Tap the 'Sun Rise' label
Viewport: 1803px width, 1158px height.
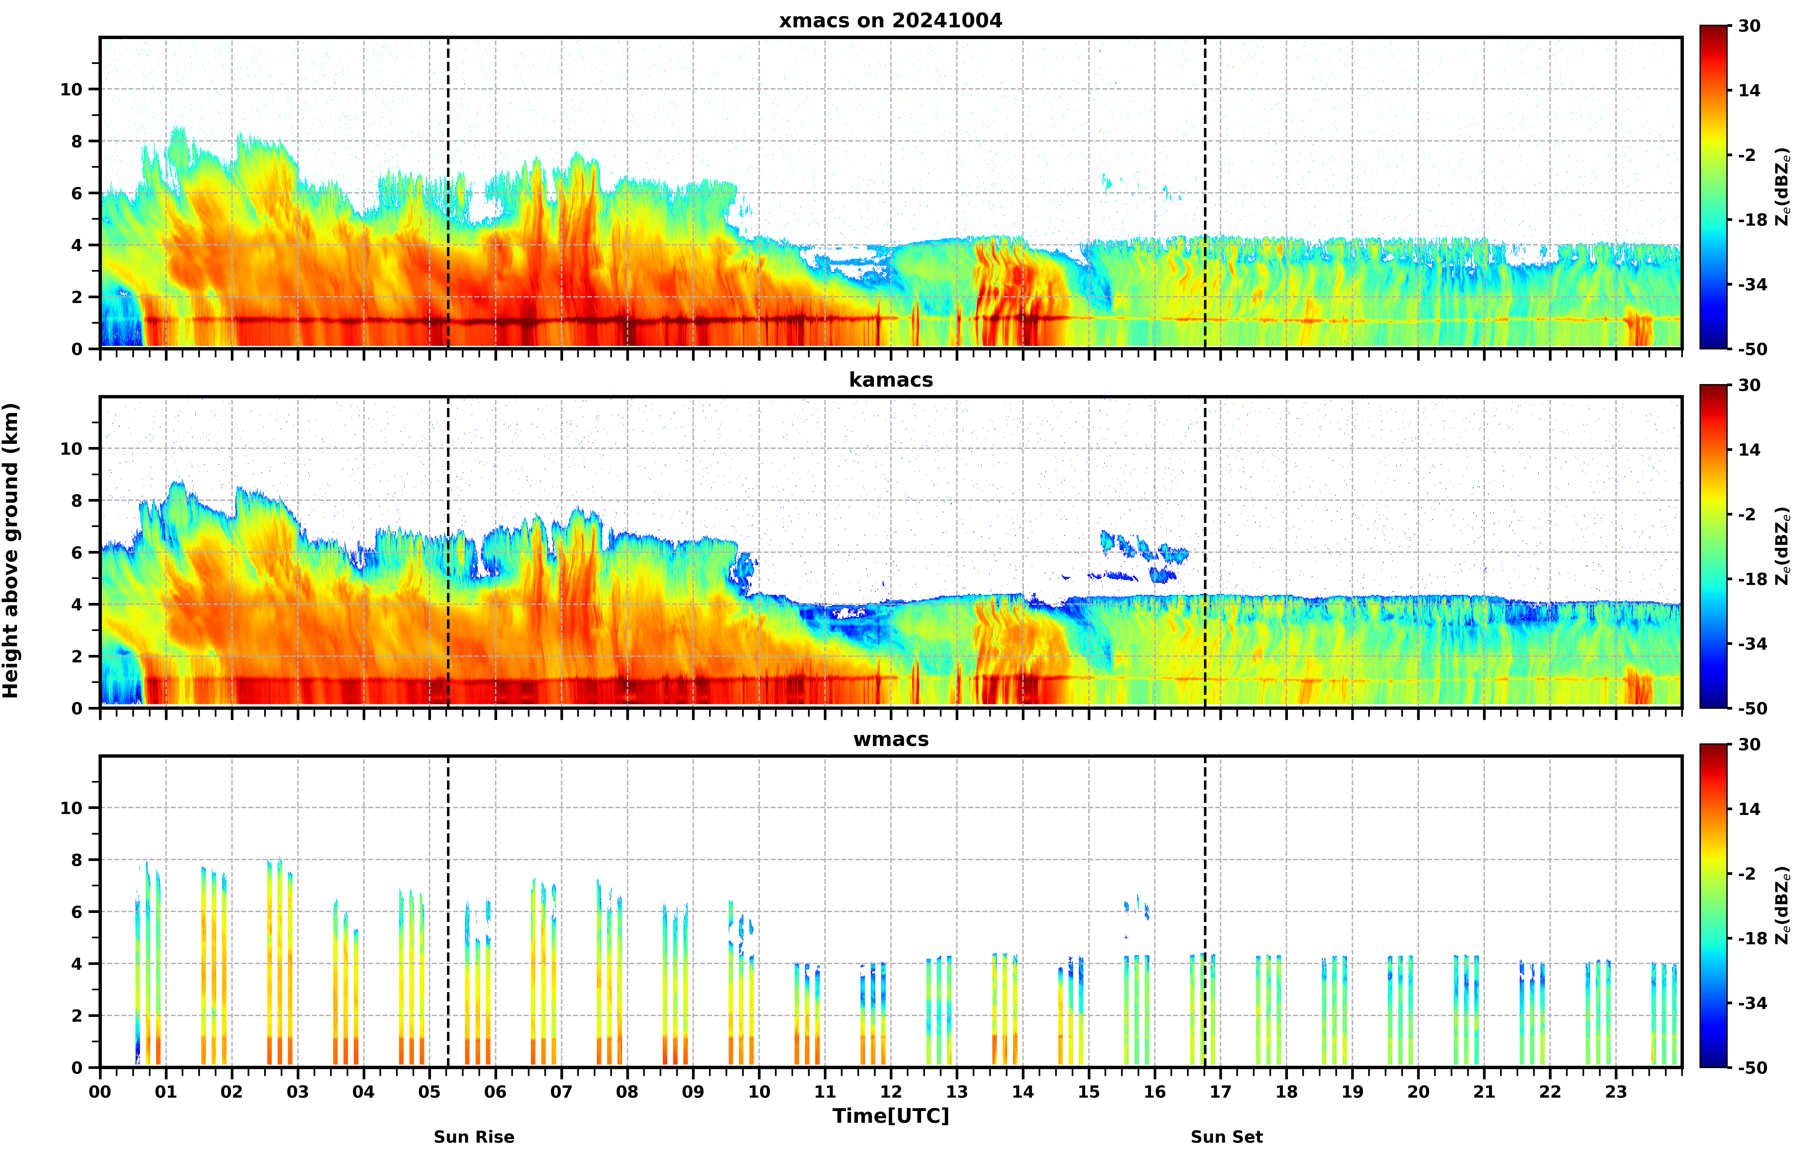[x=474, y=1137]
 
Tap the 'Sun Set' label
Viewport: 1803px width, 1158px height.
[x=1227, y=1137]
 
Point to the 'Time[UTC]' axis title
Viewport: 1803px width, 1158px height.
[x=890, y=1116]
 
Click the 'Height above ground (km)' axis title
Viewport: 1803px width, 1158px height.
[x=11, y=550]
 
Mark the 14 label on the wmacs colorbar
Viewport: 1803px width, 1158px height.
[x=1750, y=809]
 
